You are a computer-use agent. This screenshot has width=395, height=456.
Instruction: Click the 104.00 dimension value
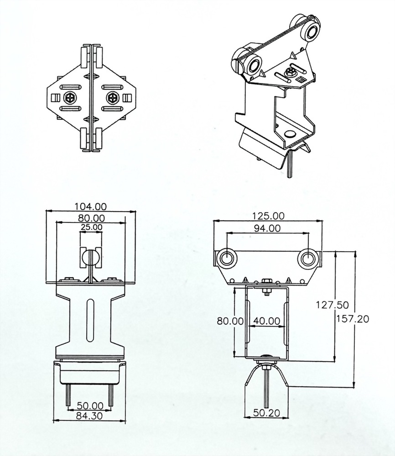[91, 206]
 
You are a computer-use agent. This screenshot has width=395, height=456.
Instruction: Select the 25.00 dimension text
[91, 227]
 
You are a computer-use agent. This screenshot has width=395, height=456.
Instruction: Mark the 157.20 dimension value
[352, 319]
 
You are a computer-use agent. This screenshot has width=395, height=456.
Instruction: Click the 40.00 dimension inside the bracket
[267, 321]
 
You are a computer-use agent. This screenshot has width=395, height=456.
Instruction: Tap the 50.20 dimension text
[266, 413]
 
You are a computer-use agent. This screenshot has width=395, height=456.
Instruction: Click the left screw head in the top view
[71, 98]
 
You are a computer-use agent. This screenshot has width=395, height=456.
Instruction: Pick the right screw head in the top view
[112, 98]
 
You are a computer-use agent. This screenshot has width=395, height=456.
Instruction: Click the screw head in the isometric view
[289, 72]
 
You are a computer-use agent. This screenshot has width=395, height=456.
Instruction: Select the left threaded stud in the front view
[68, 395]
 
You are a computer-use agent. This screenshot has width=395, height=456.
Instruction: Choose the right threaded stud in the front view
[111, 395]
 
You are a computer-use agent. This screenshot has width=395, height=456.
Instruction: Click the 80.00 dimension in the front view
[91, 218]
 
